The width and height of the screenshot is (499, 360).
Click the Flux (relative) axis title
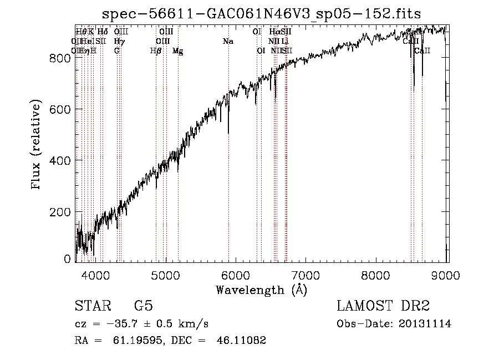pos(37,145)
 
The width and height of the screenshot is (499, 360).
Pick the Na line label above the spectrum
pos(228,41)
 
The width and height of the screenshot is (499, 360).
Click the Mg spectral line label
pos(178,51)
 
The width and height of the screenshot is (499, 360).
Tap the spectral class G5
pos(143,307)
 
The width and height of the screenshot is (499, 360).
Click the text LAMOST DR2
pos(383,307)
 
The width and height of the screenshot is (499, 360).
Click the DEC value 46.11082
pos(242,341)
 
